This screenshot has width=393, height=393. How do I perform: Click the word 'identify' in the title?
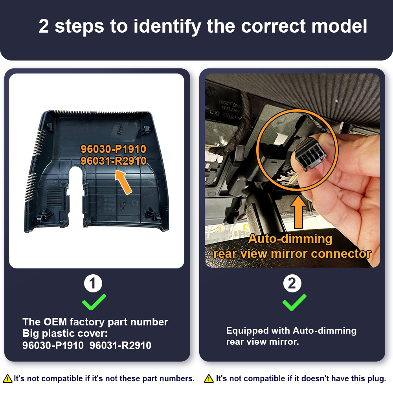[x=167, y=27]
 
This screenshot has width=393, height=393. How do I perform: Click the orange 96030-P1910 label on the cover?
[x=113, y=149]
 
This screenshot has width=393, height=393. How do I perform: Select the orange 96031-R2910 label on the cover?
[x=113, y=161]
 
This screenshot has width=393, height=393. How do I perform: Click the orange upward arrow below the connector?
[x=298, y=212]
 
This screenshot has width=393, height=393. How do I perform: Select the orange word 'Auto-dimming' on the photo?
[x=290, y=239]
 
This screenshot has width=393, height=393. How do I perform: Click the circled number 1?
[x=93, y=283]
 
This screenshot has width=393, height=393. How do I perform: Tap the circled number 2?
[x=292, y=283]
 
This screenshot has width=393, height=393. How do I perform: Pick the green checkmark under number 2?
[x=294, y=303]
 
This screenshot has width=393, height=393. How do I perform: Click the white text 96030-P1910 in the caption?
[x=53, y=345]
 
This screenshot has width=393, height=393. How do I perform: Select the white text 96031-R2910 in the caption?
[x=120, y=345]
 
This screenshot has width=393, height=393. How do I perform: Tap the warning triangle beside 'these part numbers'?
[x=7, y=378]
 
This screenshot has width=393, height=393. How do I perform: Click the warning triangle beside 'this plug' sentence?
[x=209, y=378]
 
